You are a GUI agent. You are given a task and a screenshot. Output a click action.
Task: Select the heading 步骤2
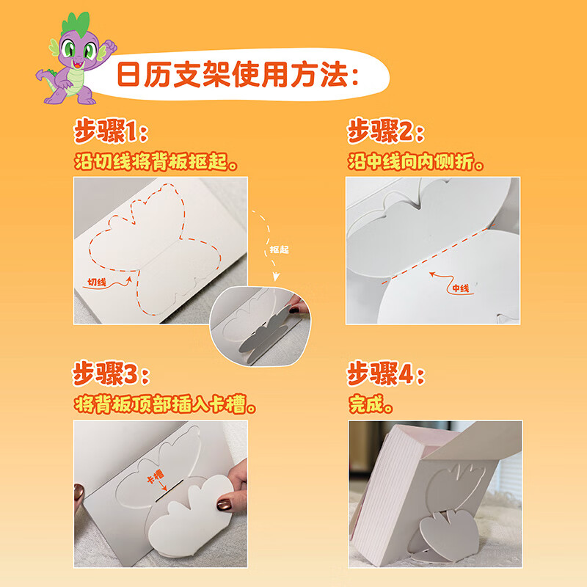(386, 134)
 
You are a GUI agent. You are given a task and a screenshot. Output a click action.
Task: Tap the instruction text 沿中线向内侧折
(415, 161)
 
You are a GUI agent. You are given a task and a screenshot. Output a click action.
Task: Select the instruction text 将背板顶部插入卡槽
(169, 404)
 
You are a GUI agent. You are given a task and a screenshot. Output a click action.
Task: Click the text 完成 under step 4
(371, 404)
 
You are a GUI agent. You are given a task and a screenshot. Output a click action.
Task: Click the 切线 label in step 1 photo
(97, 281)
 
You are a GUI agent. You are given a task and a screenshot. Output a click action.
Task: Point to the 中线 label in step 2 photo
(460, 288)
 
